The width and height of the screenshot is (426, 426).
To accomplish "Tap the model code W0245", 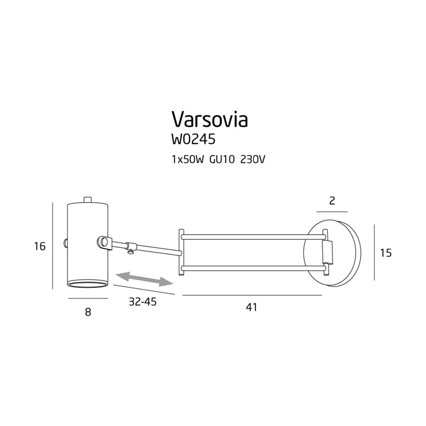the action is point(193,140).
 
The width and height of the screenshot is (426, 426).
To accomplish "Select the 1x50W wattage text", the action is point(187,160).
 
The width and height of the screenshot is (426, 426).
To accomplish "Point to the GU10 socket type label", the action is point(222,160).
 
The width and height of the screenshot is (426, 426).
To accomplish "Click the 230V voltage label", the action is point(252,160).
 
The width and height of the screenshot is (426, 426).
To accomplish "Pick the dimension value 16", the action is point(40,246).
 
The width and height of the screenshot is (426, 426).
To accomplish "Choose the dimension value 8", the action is point(88,312).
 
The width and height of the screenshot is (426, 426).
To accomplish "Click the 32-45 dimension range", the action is point(143,302).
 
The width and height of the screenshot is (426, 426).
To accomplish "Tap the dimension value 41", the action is point(251,307).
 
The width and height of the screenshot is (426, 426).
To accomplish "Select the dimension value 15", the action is point(386,253).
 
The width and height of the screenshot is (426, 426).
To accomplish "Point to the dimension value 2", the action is point(332,201).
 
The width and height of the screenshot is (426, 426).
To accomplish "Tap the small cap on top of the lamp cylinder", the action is point(87,199).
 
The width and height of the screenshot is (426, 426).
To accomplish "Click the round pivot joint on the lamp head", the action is point(105,242).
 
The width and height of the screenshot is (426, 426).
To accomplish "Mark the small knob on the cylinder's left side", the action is point(66,243).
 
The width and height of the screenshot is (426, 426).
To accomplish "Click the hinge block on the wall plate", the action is point(327,252).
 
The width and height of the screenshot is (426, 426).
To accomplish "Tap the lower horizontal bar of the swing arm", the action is point(253,269).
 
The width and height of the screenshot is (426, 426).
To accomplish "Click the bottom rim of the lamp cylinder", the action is point(87,285).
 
